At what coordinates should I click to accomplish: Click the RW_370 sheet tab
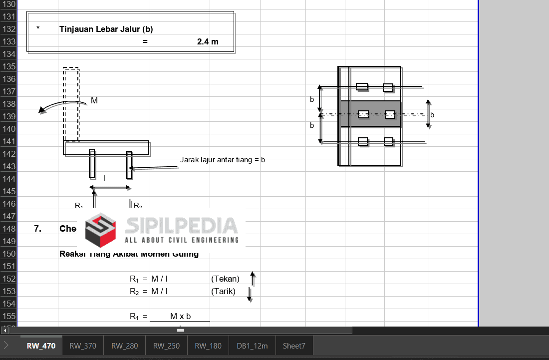(x=83, y=346)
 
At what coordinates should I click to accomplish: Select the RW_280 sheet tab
(x=125, y=346)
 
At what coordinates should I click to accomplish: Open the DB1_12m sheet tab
(x=252, y=346)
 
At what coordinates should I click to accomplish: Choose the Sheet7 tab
(x=294, y=346)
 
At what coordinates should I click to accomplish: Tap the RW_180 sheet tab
(x=208, y=346)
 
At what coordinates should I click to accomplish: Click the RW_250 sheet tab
(x=166, y=346)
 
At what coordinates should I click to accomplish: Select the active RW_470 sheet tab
(x=41, y=346)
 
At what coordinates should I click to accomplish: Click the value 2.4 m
(x=208, y=41)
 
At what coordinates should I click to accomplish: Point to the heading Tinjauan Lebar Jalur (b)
(x=106, y=29)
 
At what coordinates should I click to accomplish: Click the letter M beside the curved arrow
(x=94, y=101)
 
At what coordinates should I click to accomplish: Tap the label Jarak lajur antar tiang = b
(x=223, y=160)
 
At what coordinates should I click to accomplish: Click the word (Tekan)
(x=225, y=279)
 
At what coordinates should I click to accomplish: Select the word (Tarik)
(x=223, y=291)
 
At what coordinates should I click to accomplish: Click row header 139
(x=9, y=116)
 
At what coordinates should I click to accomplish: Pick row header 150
(x=9, y=254)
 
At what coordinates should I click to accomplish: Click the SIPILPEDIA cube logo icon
(x=100, y=230)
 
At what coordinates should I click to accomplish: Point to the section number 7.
(x=37, y=229)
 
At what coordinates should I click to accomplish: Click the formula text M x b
(x=181, y=316)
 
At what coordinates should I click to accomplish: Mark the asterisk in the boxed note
(x=38, y=29)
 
